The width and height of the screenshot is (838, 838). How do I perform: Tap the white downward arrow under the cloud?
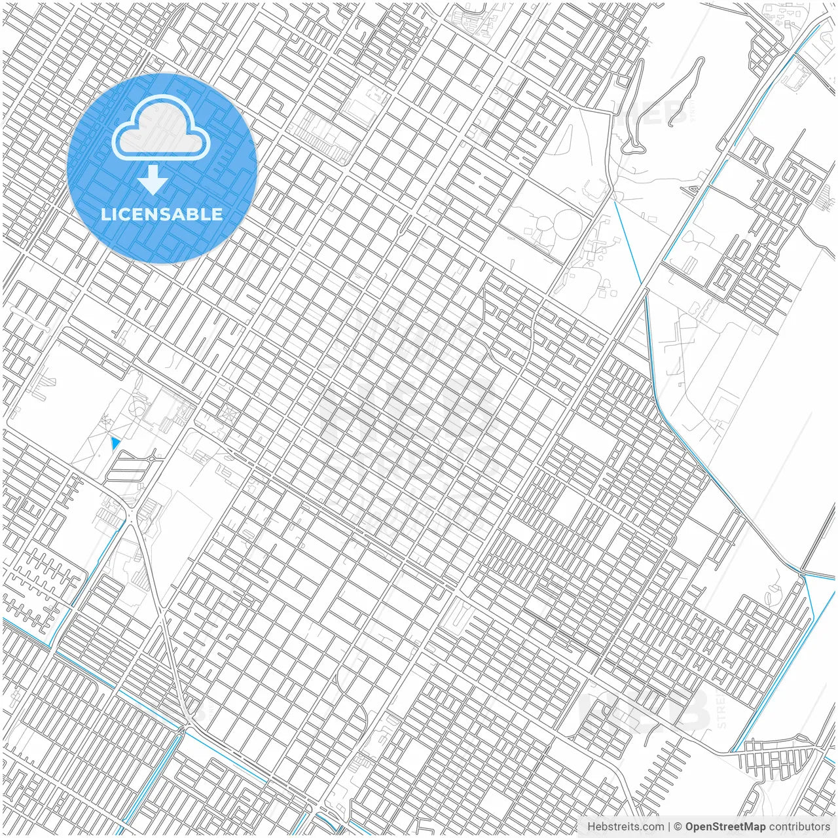point(153,180)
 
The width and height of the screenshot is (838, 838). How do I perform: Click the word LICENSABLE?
point(162,214)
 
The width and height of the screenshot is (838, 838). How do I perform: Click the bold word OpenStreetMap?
point(725,827)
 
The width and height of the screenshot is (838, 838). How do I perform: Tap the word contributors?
point(799,827)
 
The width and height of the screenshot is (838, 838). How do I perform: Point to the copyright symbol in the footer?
point(678,827)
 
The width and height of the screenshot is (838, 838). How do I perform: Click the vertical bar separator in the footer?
point(669,827)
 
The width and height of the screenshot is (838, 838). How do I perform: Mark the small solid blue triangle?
point(116,443)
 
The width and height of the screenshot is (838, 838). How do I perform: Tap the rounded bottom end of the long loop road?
point(632,149)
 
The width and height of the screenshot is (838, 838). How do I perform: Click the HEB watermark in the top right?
point(655,113)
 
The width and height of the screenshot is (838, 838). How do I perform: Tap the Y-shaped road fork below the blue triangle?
point(133,517)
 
